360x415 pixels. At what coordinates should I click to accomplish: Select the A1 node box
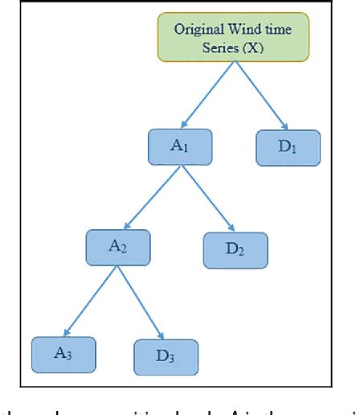coord(180,147)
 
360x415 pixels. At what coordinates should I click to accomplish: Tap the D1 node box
coord(288,147)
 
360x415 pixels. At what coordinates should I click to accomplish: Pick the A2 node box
coord(118,247)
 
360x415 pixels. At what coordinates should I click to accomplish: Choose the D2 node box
coord(234,249)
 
